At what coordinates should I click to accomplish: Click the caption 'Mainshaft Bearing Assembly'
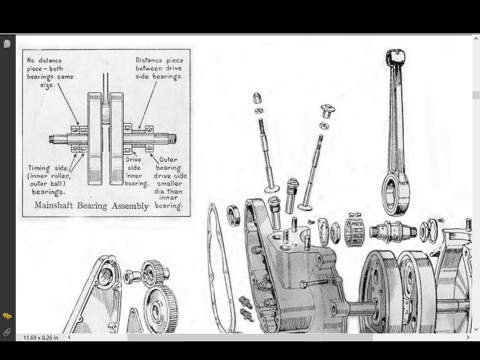click(x=91, y=205)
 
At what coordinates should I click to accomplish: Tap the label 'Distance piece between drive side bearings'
click(x=159, y=68)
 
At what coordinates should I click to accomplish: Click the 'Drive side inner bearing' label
click(x=135, y=172)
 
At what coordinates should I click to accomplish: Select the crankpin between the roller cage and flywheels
click(x=394, y=231)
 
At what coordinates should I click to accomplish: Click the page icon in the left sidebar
click(x=7, y=44)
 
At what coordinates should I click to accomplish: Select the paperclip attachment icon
click(x=7, y=332)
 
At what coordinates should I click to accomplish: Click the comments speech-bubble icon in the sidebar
click(x=7, y=316)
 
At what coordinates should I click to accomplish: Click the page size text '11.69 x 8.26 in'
click(x=41, y=337)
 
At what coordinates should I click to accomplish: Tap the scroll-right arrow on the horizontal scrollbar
click(x=468, y=337)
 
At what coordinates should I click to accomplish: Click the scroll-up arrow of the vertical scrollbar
click(x=476, y=38)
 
